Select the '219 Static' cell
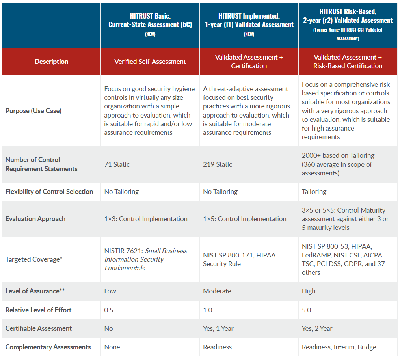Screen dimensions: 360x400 point(218,164)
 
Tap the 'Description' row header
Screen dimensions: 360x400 point(51,62)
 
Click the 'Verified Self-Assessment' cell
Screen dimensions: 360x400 point(150,62)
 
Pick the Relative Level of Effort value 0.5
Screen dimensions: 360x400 point(109,310)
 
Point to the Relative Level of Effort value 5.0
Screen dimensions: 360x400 point(307,310)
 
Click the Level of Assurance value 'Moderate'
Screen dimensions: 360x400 point(217,291)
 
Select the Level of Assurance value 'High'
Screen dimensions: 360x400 point(309,291)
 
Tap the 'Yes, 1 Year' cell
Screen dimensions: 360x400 point(220,328)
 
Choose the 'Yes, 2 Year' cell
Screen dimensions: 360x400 point(317,328)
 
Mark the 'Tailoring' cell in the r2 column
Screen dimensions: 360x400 point(314,192)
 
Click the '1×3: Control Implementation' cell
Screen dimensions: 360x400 point(146,219)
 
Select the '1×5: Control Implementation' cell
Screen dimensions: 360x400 point(245,219)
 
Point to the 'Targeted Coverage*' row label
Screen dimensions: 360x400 point(34,259)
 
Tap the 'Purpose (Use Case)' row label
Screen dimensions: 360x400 point(33,111)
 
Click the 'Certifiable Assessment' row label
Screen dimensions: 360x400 point(39,328)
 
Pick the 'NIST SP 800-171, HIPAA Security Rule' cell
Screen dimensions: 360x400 point(240,259)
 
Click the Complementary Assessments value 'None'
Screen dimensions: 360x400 point(112,347)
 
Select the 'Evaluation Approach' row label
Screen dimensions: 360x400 point(35,219)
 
